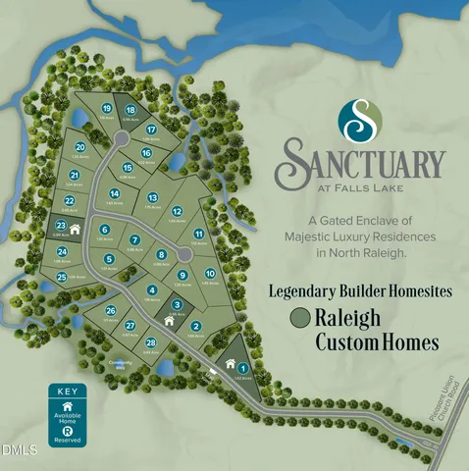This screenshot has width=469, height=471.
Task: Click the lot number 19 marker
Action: pos(106,108)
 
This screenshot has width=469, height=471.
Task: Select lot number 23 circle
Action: pos(61,225)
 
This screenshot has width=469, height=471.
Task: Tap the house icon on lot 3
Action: pos(176,320)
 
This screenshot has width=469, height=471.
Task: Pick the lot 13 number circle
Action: pos(153,198)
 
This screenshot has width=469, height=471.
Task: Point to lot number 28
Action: pos(150,342)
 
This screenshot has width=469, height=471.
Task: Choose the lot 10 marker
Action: pos(209,274)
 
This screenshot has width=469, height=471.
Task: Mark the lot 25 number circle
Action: pos(61,278)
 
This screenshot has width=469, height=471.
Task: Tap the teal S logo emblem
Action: pos(360,118)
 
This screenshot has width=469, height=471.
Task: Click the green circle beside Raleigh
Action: pos(300,317)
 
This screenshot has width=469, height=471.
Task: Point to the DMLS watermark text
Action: pos(19,450)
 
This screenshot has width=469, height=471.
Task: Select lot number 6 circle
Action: pos(104,230)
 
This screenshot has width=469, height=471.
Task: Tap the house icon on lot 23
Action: pos(75,230)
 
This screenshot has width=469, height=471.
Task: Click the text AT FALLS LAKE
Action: pos(363,186)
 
